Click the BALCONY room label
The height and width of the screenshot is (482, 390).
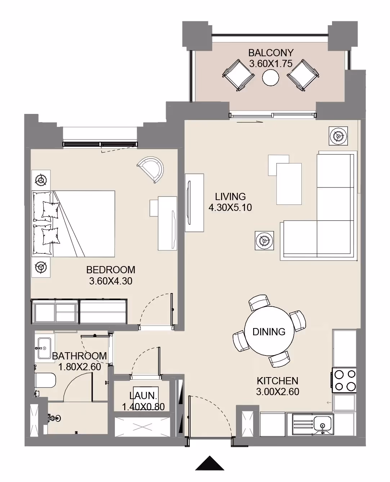271,53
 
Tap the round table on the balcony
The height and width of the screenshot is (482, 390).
270,78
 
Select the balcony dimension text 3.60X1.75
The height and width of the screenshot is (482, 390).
271,63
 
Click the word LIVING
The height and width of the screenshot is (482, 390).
230,196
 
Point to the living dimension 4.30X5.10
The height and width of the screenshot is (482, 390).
230,207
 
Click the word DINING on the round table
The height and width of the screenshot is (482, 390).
269,332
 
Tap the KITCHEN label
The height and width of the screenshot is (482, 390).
278,381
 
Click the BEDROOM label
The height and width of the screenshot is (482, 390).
111,270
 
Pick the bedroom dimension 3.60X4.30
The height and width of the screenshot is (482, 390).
111,281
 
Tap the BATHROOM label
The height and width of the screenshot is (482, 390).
79,356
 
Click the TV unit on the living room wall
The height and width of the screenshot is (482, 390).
194,203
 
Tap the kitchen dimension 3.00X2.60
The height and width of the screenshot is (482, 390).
278,392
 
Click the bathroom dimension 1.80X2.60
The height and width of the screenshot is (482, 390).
79,367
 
